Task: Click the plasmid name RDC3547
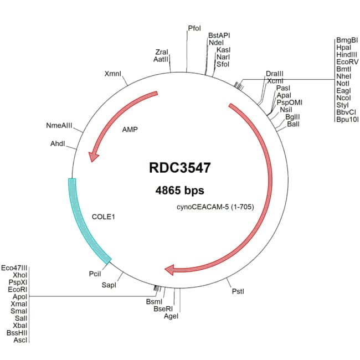[179, 168]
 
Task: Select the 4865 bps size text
[179, 190]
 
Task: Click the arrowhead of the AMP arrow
[95, 157]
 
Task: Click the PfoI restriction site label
[194, 27]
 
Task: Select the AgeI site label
[171, 316]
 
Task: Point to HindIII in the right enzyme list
[347, 55]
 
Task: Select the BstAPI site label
[219, 35]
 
